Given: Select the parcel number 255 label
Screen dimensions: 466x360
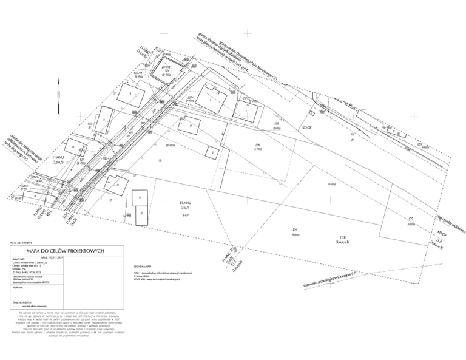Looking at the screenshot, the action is (411, 219).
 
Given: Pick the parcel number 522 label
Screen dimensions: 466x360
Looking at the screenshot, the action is (89, 124).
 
